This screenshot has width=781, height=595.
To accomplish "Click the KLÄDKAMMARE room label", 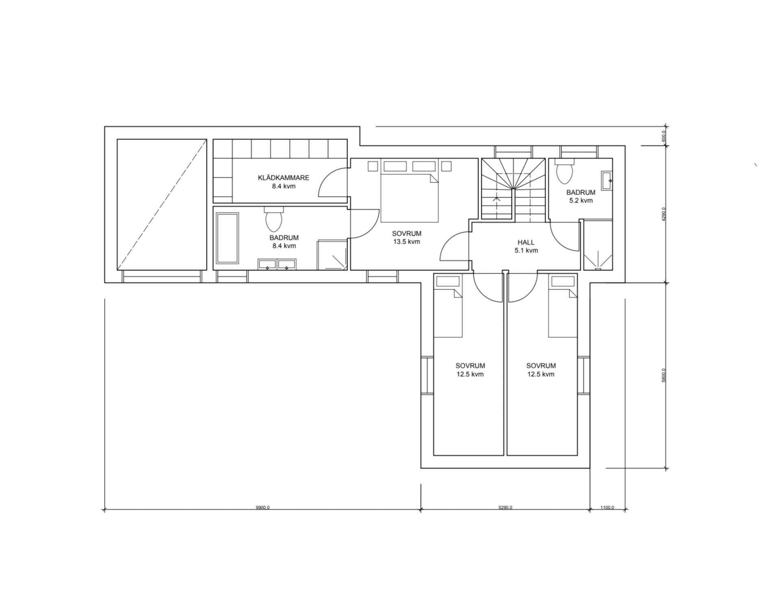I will (x=284, y=178).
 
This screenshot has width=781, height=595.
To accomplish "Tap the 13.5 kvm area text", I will (x=406, y=242).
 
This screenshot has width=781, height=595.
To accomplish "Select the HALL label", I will (x=526, y=242).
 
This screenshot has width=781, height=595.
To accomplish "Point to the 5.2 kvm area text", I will (x=580, y=201).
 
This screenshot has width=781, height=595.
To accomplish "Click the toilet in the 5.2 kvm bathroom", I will (x=565, y=172).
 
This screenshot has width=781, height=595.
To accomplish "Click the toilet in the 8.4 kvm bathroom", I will (x=274, y=219).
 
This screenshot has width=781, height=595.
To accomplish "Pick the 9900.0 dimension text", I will (x=263, y=508).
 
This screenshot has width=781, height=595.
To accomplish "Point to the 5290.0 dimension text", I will (x=505, y=508).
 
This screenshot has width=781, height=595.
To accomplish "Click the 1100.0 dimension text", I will (x=607, y=508).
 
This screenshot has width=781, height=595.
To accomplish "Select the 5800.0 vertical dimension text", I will (x=664, y=375).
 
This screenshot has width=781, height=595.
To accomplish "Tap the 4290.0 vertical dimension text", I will (x=664, y=214).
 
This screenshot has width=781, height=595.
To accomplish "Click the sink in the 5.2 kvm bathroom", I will (x=607, y=180).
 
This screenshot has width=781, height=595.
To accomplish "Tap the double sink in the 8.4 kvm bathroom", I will (x=277, y=264).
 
